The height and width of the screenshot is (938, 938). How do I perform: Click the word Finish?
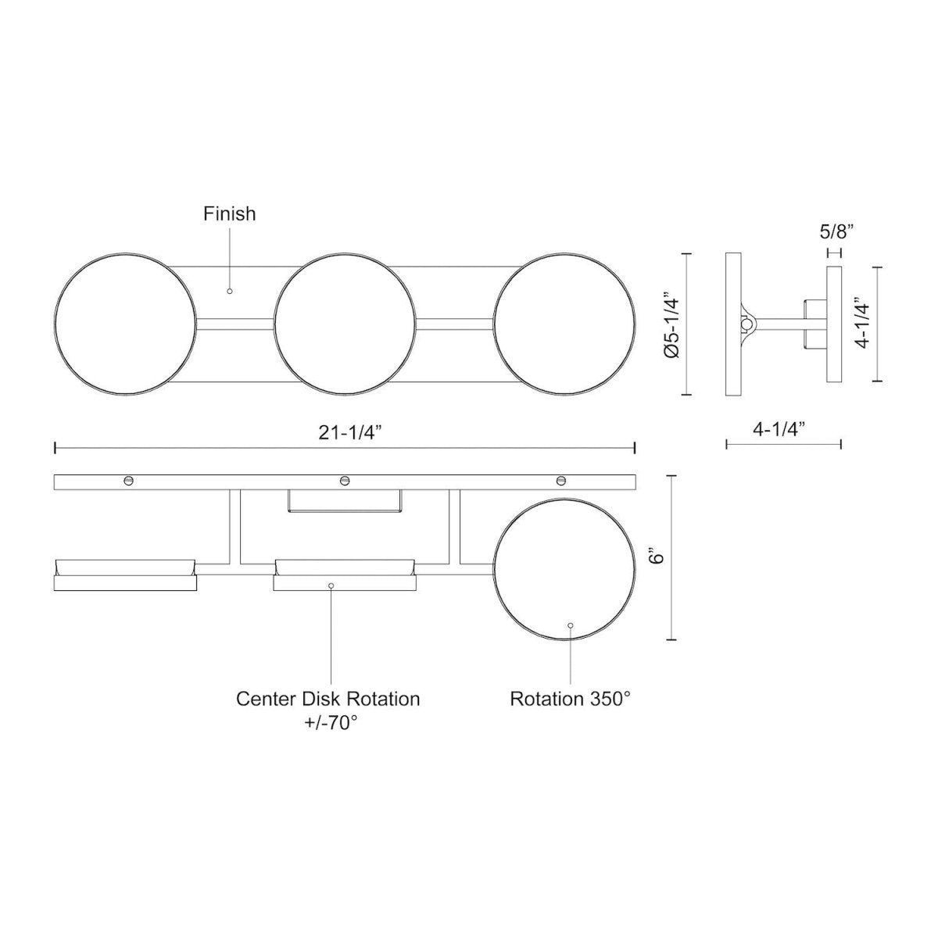click(x=229, y=213)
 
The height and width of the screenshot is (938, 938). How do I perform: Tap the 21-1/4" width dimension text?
click(x=345, y=433)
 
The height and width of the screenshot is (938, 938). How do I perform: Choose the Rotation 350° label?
click(x=570, y=698)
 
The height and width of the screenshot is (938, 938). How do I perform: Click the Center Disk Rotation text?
click(x=328, y=698)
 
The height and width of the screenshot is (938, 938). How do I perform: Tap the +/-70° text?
click(x=328, y=723)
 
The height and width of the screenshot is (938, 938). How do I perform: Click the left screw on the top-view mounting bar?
click(x=128, y=480)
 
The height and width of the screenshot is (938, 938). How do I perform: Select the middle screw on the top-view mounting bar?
click(x=344, y=480)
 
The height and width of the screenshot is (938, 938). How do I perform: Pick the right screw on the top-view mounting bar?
click(x=560, y=480)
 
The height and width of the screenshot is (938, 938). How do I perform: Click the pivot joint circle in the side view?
click(x=748, y=323)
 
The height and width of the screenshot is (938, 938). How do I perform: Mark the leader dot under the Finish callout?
click(x=229, y=291)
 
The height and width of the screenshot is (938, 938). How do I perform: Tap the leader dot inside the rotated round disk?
click(x=571, y=625)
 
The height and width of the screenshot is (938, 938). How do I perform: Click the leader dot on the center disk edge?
click(x=331, y=585)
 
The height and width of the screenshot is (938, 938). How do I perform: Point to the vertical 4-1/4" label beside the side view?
click(x=861, y=324)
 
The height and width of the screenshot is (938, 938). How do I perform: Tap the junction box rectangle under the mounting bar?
click(x=345, y=501)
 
